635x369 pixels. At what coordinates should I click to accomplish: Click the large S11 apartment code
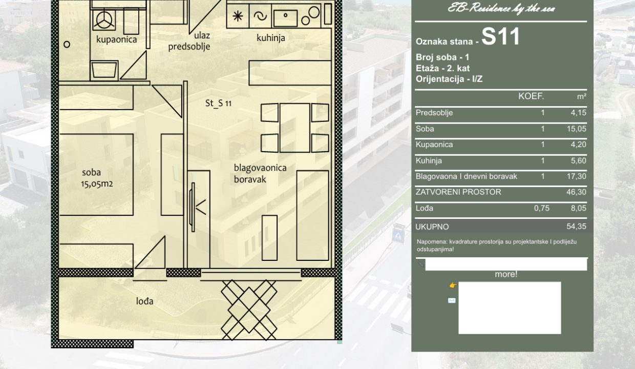[x=501, y=36]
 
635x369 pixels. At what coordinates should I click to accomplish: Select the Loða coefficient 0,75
[x=541, y=209]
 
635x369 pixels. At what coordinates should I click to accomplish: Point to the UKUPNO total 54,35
[x=576, y=227]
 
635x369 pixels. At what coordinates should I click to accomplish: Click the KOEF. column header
[x=531, y=96]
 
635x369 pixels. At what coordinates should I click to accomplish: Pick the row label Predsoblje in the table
[x=434, y=113]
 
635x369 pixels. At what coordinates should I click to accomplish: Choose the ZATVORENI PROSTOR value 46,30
[x=576, y=192]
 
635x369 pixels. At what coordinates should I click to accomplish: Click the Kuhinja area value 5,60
[x=578, y=161]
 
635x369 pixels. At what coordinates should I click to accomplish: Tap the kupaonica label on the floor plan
[x=117, y=39]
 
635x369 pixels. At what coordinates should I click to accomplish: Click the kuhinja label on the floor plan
[x=271, y=38]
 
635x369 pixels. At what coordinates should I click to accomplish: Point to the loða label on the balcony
[x=144, y=301]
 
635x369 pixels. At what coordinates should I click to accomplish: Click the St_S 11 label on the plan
[x=218, y=103]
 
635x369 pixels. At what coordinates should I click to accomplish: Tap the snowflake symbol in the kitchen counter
[x=238, y=16]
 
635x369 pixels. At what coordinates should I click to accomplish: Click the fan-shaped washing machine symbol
[x=104, y=20]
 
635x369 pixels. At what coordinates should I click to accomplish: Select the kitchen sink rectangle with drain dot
[x=285, y=18]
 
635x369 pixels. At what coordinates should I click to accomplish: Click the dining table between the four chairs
[x=295, y=128]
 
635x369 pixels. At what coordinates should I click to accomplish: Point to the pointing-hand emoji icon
[x=453, y=285]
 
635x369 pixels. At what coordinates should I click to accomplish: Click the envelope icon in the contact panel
[x=452, y=300]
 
